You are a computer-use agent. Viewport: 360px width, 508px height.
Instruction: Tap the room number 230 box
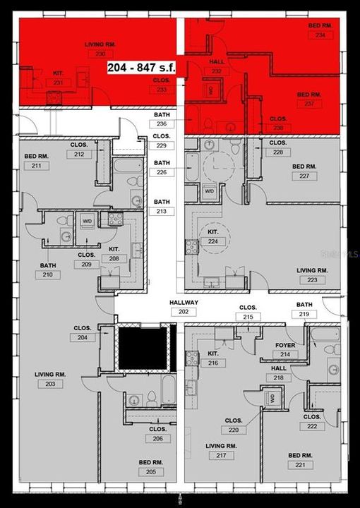coord(100,54)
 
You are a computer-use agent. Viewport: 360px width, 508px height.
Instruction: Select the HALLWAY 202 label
coord(184,307)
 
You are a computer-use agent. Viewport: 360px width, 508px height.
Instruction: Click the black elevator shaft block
coord(143,347)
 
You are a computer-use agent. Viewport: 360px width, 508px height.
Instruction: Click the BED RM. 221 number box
coord(304,465)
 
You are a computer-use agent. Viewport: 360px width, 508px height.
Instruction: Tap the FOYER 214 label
coord(284,350)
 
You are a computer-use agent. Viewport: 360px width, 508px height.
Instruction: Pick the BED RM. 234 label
coord(320,30)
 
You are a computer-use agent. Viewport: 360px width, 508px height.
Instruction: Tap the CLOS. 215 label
coord(248,313)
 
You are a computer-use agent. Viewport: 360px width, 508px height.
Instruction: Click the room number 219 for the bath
coord(304,314)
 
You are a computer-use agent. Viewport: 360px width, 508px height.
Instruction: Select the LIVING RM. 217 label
coord(220,451)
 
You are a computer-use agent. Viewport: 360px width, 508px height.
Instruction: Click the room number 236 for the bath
coord(162,123)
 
